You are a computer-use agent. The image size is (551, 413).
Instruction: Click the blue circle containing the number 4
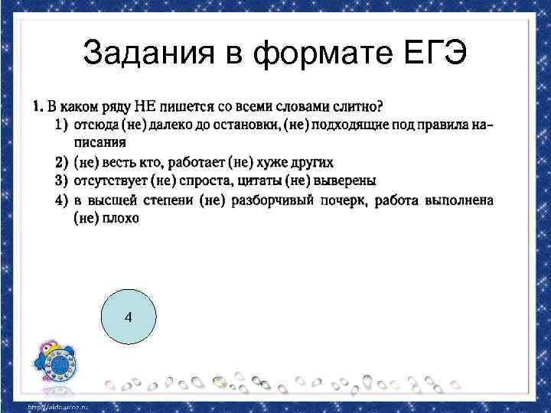tap(128, 317)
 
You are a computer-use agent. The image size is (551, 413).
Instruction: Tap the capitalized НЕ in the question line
tap(146, 105)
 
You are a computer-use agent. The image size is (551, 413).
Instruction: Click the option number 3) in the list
tap(62, 180)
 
